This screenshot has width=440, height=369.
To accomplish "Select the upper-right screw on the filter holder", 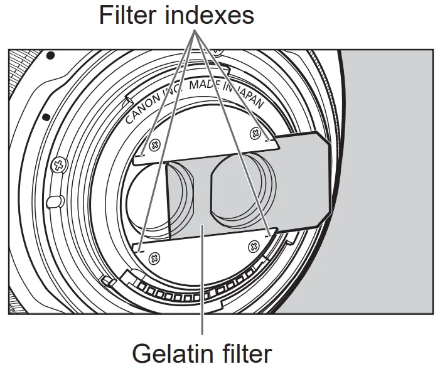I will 255,132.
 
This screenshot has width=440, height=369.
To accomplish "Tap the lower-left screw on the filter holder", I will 154,255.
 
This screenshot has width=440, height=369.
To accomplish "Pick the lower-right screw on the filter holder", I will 254,245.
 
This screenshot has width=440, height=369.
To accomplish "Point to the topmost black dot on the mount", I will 51,55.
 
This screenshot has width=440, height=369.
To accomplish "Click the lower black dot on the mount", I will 45,117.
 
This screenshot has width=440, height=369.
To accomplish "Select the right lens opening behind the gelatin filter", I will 242,189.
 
